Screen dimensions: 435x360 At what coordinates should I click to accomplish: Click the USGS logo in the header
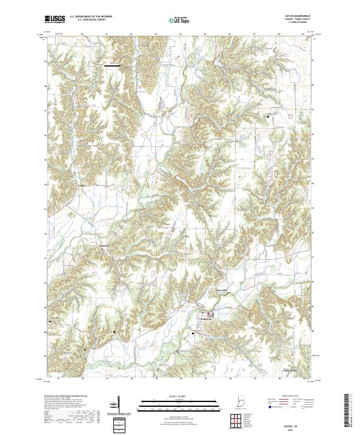click(55, 19)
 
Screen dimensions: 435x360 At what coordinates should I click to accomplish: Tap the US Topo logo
click(179, 20)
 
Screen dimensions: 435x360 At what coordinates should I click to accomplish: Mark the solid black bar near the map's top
click(114, 66)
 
